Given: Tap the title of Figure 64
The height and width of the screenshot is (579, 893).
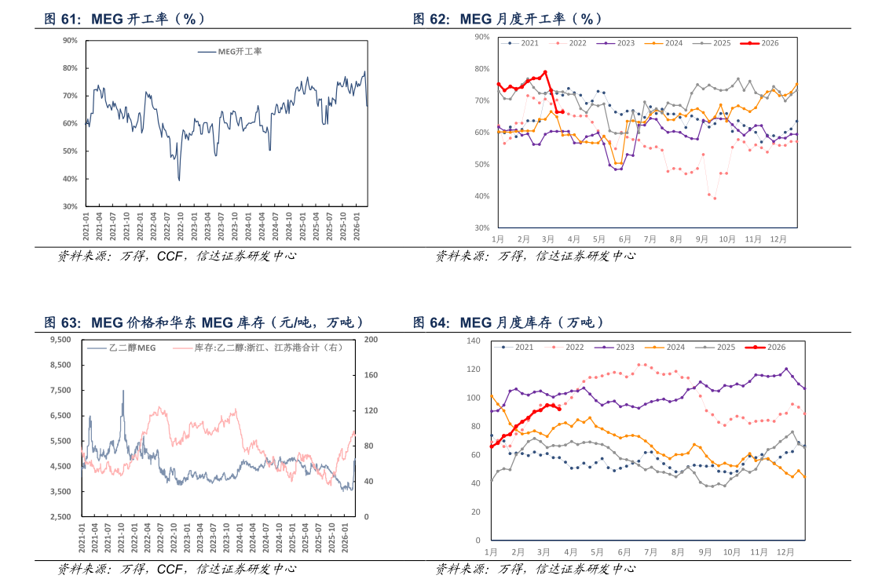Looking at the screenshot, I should pyautogui.click(x=508, y=322).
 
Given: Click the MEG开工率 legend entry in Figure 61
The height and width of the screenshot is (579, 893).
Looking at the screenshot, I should pyautogui.click(x=230, y=52).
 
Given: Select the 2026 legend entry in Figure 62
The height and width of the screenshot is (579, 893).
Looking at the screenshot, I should pyautogui.click(x=760, y=43).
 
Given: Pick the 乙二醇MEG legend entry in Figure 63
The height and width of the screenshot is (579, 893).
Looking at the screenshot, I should pyautogui.click(x=122, y=348).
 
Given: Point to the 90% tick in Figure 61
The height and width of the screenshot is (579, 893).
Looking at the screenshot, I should pyautogui.click(x=70, y=40).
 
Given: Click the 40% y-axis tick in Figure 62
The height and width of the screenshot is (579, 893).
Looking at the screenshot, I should pyautogui.click(x=481, y=196).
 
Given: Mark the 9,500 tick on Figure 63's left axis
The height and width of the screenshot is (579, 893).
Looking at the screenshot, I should pyautogui.click(x=60, y=340).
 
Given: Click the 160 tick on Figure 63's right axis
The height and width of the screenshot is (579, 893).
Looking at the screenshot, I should pyautogui.click(x=371, y=375).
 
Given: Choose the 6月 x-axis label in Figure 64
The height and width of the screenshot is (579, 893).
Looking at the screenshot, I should pyautogui.click(x=624, y=552).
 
